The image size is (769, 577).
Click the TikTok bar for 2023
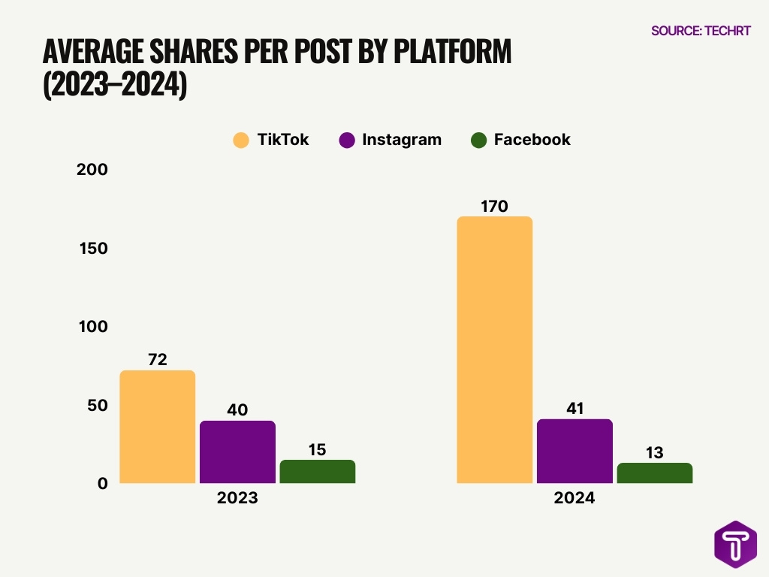point(158,427)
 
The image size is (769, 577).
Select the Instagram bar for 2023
point(237,452)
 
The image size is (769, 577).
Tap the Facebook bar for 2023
point(317,471)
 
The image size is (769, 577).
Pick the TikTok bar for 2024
point(494,349)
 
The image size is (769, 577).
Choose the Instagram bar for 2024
point(574,451)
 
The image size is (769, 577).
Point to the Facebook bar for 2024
point(654,473)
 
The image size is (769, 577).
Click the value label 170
point(494,206)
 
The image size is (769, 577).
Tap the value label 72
point(158,359)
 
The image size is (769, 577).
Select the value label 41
point(574,408)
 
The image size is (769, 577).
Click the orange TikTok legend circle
point(240,140)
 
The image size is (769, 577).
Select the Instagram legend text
point(401,140)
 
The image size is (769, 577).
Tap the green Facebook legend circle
point(478,140)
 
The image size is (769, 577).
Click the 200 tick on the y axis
point(93,170)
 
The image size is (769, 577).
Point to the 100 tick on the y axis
point(93,327)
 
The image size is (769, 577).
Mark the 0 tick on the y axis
point(103,484)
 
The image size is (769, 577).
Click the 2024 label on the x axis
point(574,498)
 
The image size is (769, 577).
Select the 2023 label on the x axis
point(237,498)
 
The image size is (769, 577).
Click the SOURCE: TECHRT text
point(701,31)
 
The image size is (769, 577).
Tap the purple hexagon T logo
point(735,543)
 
